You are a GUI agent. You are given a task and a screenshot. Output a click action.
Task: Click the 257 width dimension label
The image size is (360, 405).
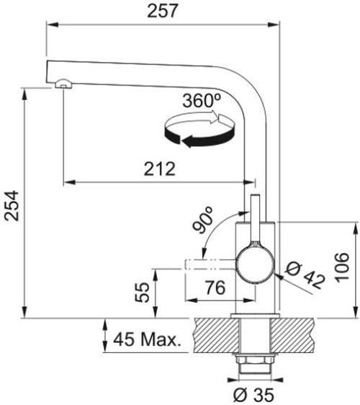pos(163,11)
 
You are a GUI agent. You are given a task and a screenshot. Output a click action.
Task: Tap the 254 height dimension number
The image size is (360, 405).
pos(12,206)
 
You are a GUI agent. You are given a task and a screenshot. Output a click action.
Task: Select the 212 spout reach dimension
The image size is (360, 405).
pos(160,169)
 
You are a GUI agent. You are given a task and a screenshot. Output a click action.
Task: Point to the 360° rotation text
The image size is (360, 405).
pos(202,100)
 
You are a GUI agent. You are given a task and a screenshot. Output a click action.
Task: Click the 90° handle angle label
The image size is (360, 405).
pos(204,220)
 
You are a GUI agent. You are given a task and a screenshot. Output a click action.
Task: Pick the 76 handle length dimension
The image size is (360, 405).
pos(216,288)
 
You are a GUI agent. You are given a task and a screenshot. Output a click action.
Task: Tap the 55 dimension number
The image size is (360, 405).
pos(142,293)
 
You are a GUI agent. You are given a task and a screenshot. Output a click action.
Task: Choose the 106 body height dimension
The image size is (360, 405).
pos(342,267)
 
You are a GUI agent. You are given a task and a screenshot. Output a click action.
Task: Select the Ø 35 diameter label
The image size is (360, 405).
pos(253,395)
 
